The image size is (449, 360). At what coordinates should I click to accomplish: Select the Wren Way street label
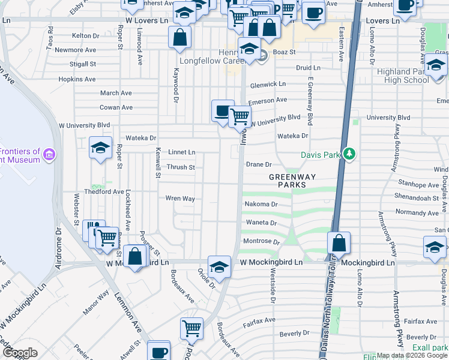tap(180, 198)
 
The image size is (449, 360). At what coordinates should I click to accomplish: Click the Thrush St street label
tap(181, 167)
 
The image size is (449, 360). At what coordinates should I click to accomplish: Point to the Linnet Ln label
tap(181, 152)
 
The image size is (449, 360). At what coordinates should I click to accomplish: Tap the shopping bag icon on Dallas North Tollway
tap(339, 243)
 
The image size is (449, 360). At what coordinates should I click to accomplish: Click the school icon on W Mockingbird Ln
tap(219, 267)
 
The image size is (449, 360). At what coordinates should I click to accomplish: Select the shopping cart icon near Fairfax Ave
tap(191, 328)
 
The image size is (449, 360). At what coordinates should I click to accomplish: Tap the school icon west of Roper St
tap(100, 148)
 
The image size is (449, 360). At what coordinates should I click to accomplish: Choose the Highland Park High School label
tap(403, 76)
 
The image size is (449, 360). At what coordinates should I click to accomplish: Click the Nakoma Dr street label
tap(261, 204)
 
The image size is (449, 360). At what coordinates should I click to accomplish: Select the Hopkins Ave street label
tap(77, 79)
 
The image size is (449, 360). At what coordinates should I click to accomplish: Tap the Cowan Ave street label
tap(116, 107)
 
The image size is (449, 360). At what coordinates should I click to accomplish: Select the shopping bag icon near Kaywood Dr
tap(180, 37)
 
